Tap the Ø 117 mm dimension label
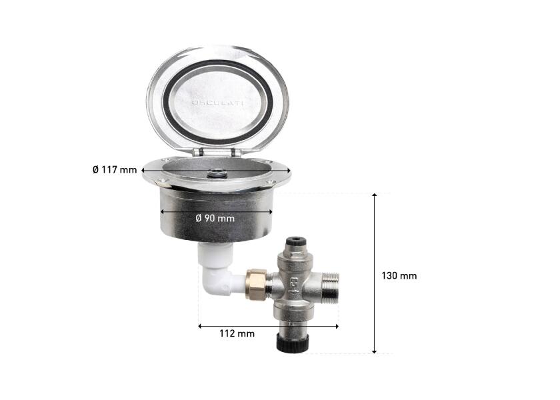(114, 170)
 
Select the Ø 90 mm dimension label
(216, 219)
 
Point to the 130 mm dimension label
(399, 275)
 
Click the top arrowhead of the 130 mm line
(375, 196)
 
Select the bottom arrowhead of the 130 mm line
(375, 351)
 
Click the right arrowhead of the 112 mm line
(337, 326)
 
